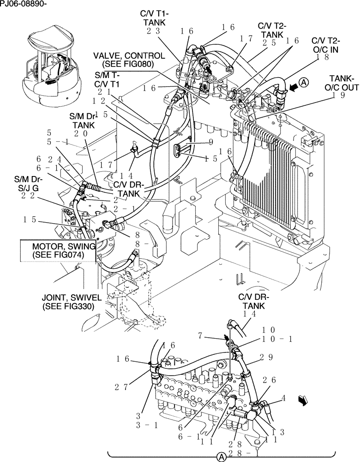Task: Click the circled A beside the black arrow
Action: click(x=303, y=82)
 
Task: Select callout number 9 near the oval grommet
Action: click(x=210, y=142)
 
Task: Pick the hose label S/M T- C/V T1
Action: click(x=107, y=79)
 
